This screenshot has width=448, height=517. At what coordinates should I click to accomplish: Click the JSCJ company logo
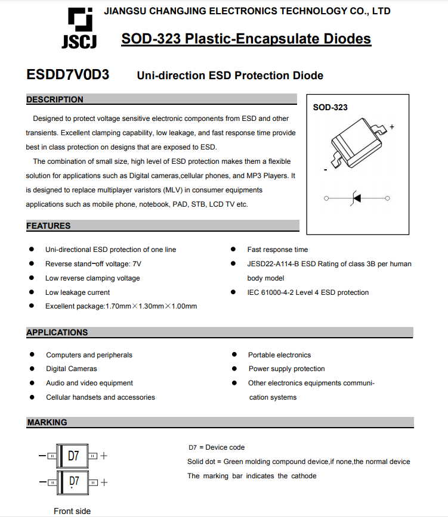79,28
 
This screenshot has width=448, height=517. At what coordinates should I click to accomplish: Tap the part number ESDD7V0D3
68,75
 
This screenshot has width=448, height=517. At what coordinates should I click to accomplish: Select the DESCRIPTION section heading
55,99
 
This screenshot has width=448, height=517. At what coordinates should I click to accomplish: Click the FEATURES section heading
48,226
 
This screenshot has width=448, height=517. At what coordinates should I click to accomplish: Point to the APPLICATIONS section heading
57,332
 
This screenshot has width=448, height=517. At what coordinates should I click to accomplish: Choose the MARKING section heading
47,422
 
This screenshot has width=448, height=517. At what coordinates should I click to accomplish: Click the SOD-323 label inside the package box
330,107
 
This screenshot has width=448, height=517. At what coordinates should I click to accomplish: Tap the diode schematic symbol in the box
357,198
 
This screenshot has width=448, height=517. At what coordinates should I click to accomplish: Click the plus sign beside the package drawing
392,127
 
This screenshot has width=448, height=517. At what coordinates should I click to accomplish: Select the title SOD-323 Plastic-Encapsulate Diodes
246,39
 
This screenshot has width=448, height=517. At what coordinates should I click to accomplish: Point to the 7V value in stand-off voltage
136,264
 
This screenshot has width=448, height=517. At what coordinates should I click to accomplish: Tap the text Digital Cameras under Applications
72,369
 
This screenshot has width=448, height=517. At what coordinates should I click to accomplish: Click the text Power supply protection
286,369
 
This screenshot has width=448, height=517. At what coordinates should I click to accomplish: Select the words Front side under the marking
72,511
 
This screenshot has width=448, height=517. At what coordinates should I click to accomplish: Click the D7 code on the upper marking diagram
73,456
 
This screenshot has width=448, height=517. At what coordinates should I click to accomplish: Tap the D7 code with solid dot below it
73,482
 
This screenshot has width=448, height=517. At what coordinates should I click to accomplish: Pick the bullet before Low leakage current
31,292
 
